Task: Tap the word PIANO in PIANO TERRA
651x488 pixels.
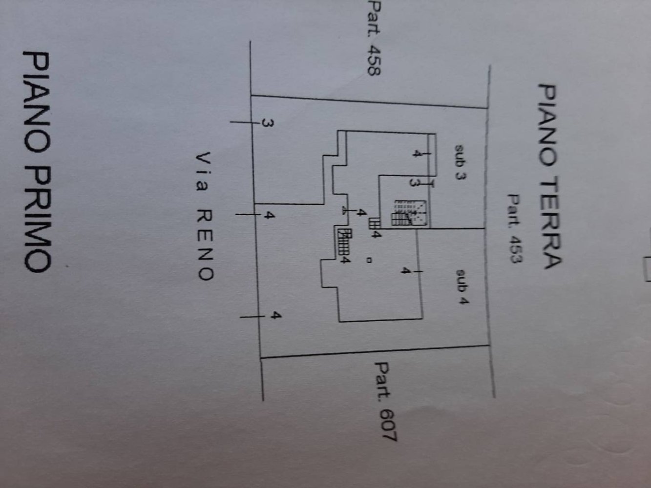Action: point(548,124)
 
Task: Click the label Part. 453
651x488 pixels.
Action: point(514,229)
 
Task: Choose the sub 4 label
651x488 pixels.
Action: point(461,287)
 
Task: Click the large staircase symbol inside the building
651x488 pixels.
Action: point(410,213)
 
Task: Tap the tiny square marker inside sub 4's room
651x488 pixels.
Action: point(369,260)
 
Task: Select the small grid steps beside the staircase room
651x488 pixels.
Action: point(375,224)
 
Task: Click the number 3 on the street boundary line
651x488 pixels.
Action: point(267,123)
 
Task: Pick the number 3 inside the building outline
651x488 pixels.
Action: point(414,183)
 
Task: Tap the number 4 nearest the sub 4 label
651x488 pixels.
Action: point(405,270)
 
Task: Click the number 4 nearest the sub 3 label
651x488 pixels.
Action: point(416,154)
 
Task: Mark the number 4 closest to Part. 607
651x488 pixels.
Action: point(276,316)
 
